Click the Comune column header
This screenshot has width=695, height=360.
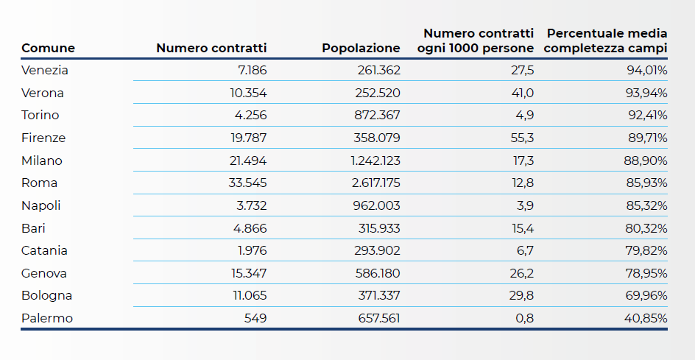pyautogui.click(x=48, y=48)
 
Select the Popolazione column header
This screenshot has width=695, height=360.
pyautogui.click(x=361, y=48)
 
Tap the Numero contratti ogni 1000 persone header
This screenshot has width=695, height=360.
pyautogui.click(x=475, y=40)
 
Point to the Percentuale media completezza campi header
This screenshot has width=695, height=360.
pyautogui.click(x=605, y=40)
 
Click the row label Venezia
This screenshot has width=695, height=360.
pyautogui.click(x=45, y=70)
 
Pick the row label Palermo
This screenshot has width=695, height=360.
pyautogui.click(x=47, y=318)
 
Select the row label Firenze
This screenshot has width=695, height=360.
pyautogui.click(x=43, y=138)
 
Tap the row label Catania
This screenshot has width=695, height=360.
pyautogui.click(x=44, y=250)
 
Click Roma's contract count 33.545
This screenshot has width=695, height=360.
pyautogui.click(x=248, y=183)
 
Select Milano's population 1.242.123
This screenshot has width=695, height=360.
pyautogui.click(x=375, y=160)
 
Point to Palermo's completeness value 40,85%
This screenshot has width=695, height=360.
pyautogui.click(x=646, y=318)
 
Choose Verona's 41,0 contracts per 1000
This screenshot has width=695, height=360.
pyautogui.click(x=522, y=93)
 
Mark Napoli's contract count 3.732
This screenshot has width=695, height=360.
pyautogui.click(x=250, y=205)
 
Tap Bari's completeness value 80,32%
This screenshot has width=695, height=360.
pyautogui.click(x=646, y=228)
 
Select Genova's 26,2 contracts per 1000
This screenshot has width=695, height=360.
pyautogui.click(x=522, y=273)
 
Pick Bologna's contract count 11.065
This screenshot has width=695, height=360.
pyautogui.click(x=250, y=296)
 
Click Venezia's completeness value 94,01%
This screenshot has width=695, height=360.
pyautogui.click(x=647, y=70)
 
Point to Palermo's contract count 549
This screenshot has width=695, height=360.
pyautogui.click(x=255, y=318)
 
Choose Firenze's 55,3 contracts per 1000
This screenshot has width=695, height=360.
pyautogui.click(x=522, y=138)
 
